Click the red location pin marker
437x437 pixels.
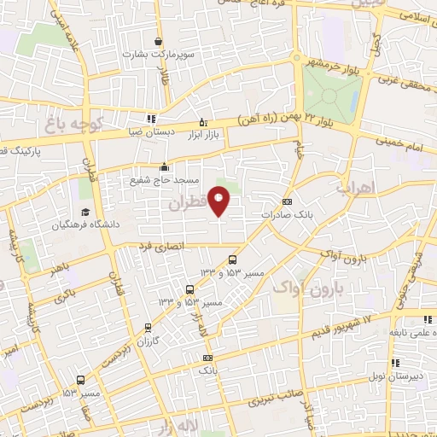219,200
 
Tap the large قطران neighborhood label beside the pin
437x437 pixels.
187,205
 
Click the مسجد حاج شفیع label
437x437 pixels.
164,181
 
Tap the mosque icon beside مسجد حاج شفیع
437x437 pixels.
164,167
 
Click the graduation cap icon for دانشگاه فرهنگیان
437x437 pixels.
84,212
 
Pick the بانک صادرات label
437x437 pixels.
312,215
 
